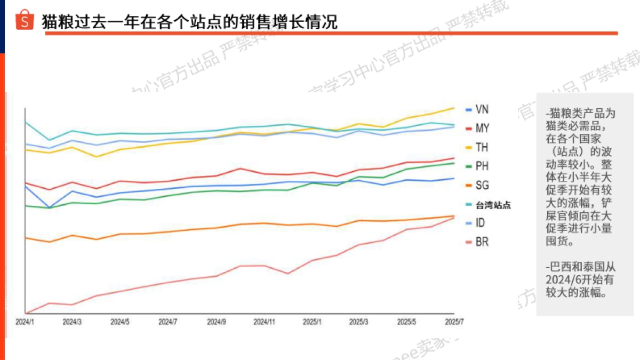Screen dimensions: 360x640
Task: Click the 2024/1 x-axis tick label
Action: point(25,322)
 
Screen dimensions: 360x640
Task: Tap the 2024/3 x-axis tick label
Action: point(72,322)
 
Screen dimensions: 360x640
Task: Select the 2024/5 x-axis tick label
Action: point(120,322)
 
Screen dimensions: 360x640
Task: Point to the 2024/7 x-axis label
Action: point(167,322)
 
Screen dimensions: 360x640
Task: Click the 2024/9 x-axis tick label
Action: point(216,322)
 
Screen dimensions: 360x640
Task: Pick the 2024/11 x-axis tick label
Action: point(264,322)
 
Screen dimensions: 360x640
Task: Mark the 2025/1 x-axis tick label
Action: point(312,322)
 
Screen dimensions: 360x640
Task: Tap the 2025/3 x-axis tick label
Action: point(359,322)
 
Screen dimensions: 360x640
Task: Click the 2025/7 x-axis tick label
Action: point(454,322)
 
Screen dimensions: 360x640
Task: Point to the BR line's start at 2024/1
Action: point(26,313)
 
